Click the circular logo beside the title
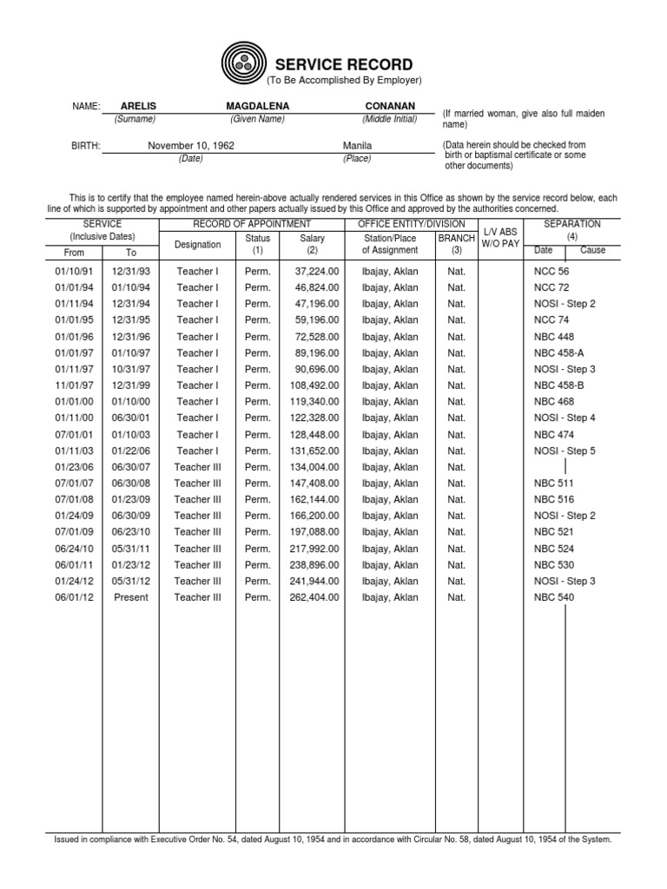click(246, 63)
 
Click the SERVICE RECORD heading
click(344, 65)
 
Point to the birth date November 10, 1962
click(190, 146)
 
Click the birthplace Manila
click(357, 146)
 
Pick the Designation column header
click(197, 245)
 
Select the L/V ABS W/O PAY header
click(500, 238)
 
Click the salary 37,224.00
click(317, 271)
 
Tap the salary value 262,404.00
click(314, 597)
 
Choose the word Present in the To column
click(130, 597)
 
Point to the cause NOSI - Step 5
click(565, 451)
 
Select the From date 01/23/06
click(74, 467)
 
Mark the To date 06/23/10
click(130, 532)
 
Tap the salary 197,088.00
click(314, 532)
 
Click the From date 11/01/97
click(74, 385)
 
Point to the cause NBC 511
click(553, 484)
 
